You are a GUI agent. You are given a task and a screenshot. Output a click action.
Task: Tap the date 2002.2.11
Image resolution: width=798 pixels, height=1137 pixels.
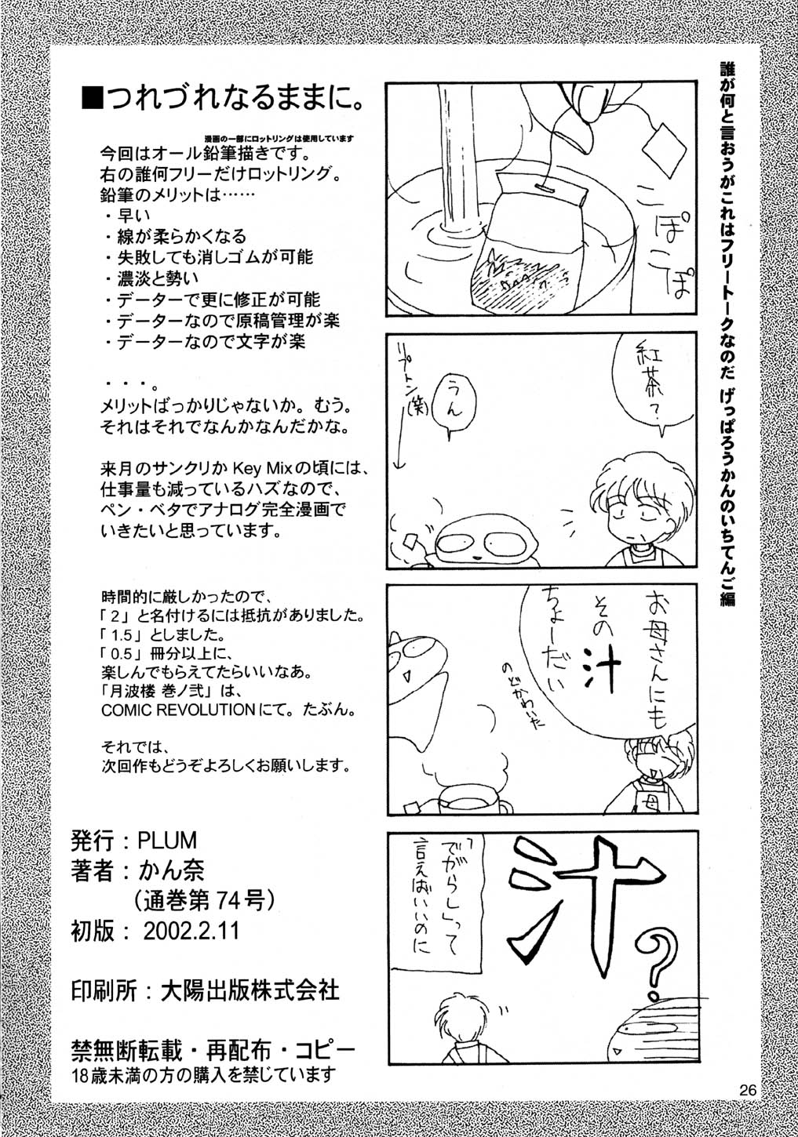click(x=191, y=931)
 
